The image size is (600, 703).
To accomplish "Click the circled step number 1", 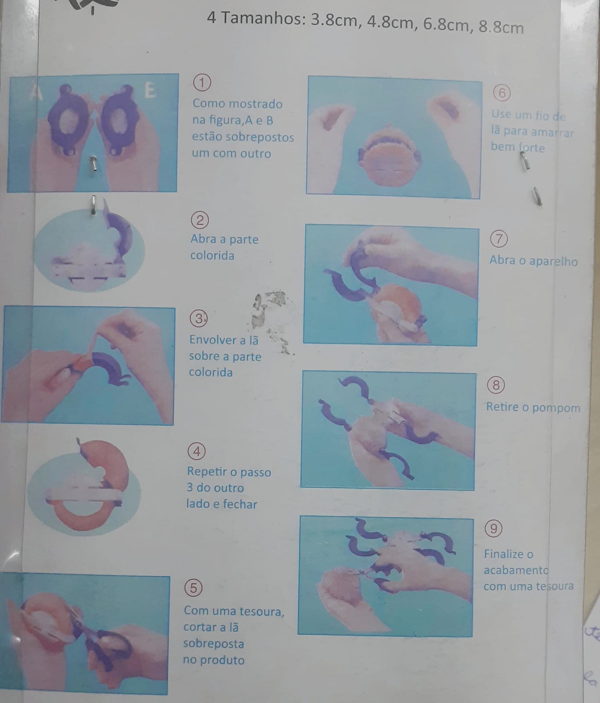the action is pos(202,83).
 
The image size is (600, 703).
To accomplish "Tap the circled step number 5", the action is pos(194,587).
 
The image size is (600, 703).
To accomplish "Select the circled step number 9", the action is pos(494,528).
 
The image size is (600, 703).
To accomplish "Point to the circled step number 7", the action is pos(499,239).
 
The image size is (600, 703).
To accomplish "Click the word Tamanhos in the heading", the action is pos(262,19).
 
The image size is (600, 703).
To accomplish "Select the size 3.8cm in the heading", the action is pos(334,21).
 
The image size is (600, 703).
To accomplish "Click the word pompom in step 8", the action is pos(557,408).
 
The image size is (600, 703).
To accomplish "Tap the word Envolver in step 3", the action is pos(212,340).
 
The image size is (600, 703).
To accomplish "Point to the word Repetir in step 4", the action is pos(207,471).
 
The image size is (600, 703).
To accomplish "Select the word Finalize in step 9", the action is pos(504,554).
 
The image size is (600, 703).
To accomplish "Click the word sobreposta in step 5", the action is pos(213,644).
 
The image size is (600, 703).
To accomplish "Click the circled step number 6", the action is pos(502,93).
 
